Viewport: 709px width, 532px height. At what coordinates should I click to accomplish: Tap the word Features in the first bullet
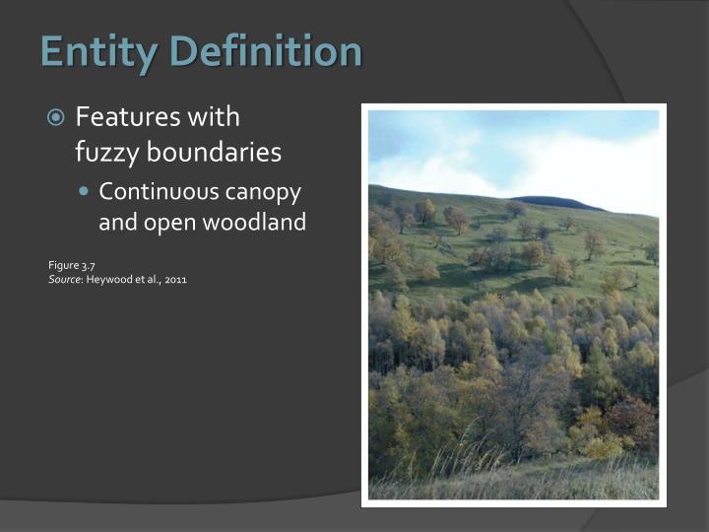(127, 117)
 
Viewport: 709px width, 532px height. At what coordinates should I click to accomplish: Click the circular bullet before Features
(57, 118)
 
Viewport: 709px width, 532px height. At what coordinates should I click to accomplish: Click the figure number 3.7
(88, 265)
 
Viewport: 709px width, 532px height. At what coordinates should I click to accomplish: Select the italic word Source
(65, 280)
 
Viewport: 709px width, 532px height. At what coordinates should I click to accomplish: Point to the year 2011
(175, 280)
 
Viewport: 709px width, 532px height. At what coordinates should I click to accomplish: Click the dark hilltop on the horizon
(556, 202)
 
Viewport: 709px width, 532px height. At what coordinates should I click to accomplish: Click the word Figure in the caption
(62, 265)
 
